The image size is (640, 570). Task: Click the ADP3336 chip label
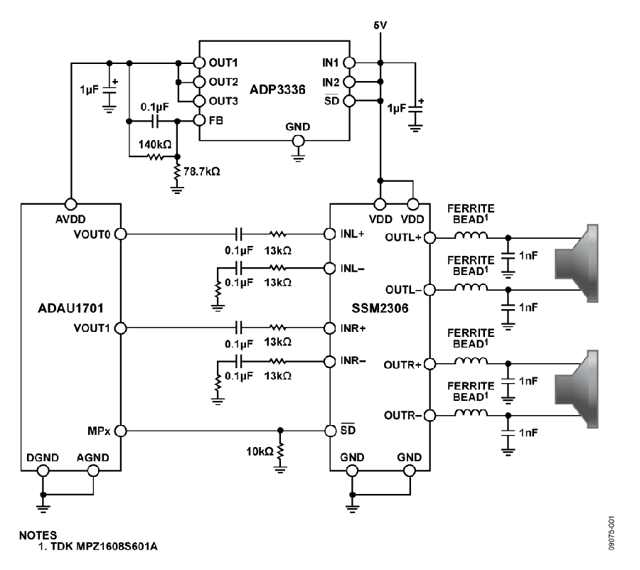pyautogui.click(x=277, y=90)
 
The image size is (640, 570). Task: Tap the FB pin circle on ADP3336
pyautogui.click(x=199, y=120)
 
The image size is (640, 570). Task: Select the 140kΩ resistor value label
pyautogui.click(x=155, y=144)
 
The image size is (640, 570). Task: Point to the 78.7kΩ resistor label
pyautogui.click(x=202, y=171)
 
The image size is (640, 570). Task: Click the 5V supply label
pyautogui.click(x=380, y=26)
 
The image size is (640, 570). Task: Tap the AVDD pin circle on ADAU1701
pyautogui.click(x=71, y=204)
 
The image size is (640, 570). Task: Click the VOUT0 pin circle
pyautogui.click(x=121, y=235)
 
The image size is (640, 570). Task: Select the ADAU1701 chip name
pyautogui.click(x=70, y=308)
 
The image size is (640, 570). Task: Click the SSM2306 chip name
pyautogui.click(x=380, y=308)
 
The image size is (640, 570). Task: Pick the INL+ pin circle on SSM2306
pyautogui.click(x=330, y=235)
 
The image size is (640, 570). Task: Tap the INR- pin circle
pyautogui.click(x=330, y=362)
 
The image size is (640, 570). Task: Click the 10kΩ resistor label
pyautogui.click(x=260, y=451)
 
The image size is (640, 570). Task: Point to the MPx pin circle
pyautogui.click(x=121, y=431)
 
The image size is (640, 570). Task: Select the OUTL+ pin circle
pyautogui.click(x=430, y=237)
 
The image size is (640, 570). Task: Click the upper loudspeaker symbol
pyautogui.click(x=576, y=263)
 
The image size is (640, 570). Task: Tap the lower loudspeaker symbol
pyautogui.click(x=576, y=389)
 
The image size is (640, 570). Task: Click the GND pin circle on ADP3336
pyautogui.click(x=299, y=141)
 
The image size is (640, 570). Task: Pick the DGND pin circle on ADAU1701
pyautogui.click(x=43, y=470)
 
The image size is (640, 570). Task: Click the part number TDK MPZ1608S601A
pyautogui.click(x=104, y=547)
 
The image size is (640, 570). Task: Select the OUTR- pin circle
pyautogui.click(x=430, y=415)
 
